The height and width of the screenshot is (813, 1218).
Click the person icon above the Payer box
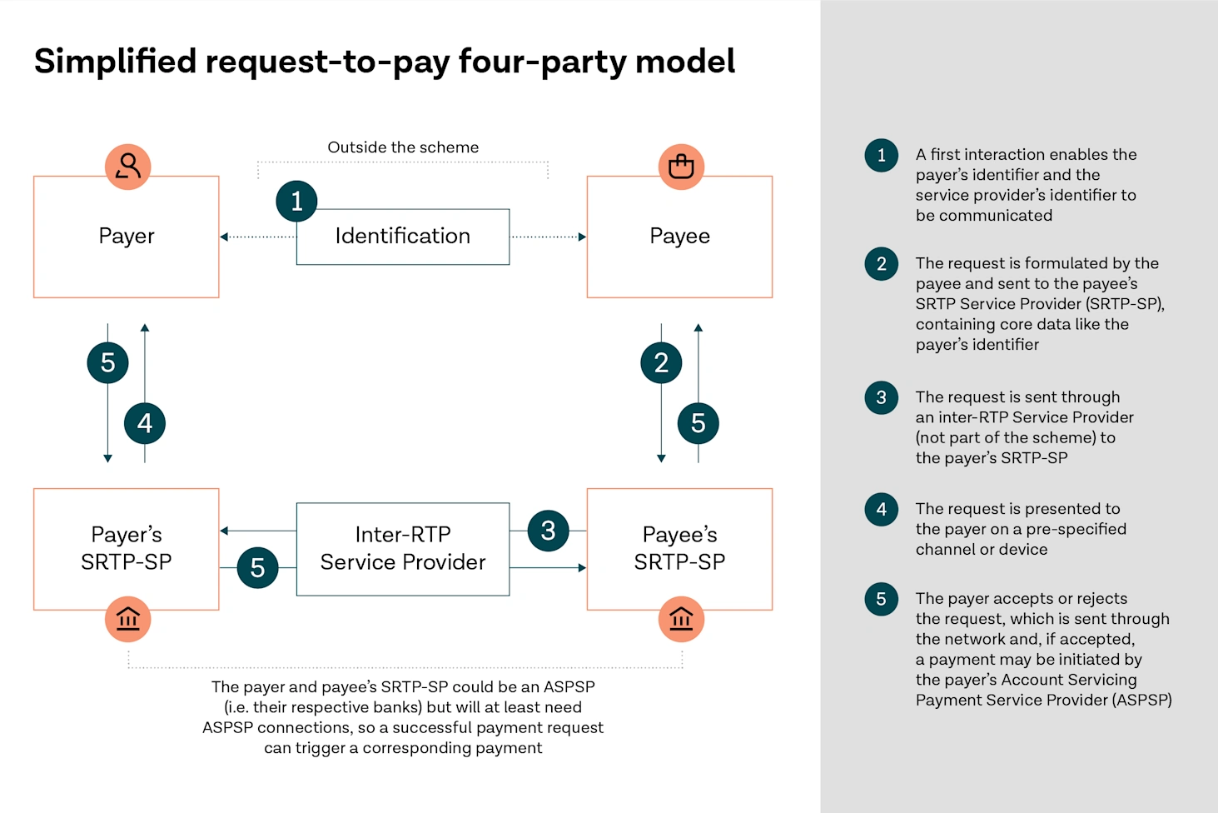[x=127, y=167]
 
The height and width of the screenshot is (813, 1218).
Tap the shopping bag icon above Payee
[x=681, y=167]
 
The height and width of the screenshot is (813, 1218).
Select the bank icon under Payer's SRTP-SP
[x=127, y=619]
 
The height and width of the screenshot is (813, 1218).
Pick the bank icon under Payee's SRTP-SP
[x=681, y=619]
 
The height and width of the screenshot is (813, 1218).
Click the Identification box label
[x=402, y=237]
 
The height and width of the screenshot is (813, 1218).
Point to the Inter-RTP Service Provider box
[x=402, y=549]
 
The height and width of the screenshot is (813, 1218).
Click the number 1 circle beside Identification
[x=296, y=201]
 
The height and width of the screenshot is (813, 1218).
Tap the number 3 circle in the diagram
[x=548, y=531]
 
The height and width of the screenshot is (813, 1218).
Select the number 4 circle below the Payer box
[x=145, y=423]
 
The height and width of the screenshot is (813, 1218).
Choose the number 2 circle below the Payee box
[x=661, y=362]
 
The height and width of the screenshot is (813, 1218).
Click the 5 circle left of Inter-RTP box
[x=257, y=568]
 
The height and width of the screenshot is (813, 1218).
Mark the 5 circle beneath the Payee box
[x=698, y=423]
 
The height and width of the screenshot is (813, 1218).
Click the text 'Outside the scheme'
[x=403, y=147]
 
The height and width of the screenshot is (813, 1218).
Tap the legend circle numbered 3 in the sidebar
[x=881, y=397]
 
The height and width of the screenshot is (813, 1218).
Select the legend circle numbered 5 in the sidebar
[x=881, y=599]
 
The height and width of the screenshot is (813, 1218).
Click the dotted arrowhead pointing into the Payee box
[x=582, y=237]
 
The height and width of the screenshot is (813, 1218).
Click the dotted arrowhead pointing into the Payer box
[x=224, y=237]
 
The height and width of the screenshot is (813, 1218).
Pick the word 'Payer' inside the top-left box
[x=127, y=237]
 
